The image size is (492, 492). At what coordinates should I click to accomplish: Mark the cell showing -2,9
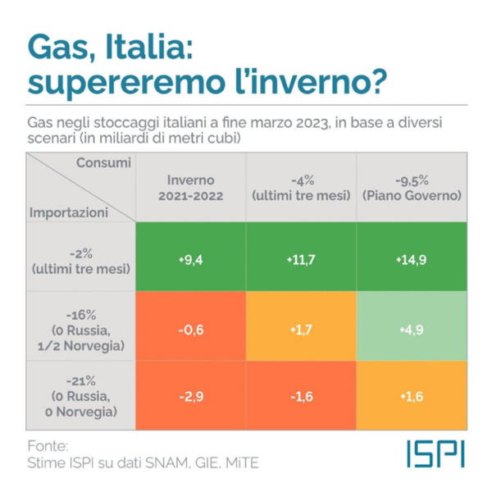(x=190, y=395)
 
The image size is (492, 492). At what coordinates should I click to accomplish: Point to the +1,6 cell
(x=410, y=395)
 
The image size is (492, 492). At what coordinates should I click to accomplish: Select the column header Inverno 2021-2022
(x=190, y=188)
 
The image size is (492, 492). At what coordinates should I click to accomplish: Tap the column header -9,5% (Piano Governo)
(x=410, y=188)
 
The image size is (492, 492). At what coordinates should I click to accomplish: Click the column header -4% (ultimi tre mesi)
(x=300, y=188)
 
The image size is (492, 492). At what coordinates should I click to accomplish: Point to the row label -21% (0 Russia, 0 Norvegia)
(x=80, y=395)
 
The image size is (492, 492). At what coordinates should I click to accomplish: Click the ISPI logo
(x=434, y=453)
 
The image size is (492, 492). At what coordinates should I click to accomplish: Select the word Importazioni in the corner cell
(x=69, y=212)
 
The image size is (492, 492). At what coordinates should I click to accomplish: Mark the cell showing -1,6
(x=300, y=395)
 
